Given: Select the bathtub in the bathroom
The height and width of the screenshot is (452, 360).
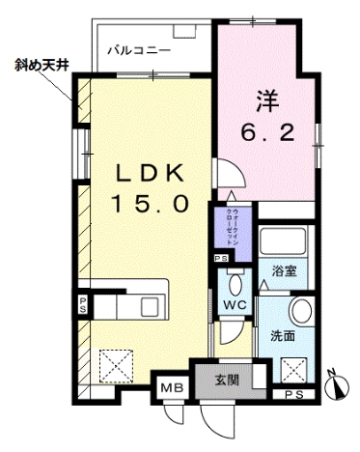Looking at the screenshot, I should (284, 241).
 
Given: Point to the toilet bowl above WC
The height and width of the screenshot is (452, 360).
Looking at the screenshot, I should (233, 282).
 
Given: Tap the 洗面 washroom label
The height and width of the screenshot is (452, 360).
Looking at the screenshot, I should (282, 337).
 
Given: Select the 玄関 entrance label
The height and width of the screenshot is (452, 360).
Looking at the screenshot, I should (227, 378).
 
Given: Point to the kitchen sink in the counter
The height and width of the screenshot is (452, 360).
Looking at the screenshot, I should (150, 307).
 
